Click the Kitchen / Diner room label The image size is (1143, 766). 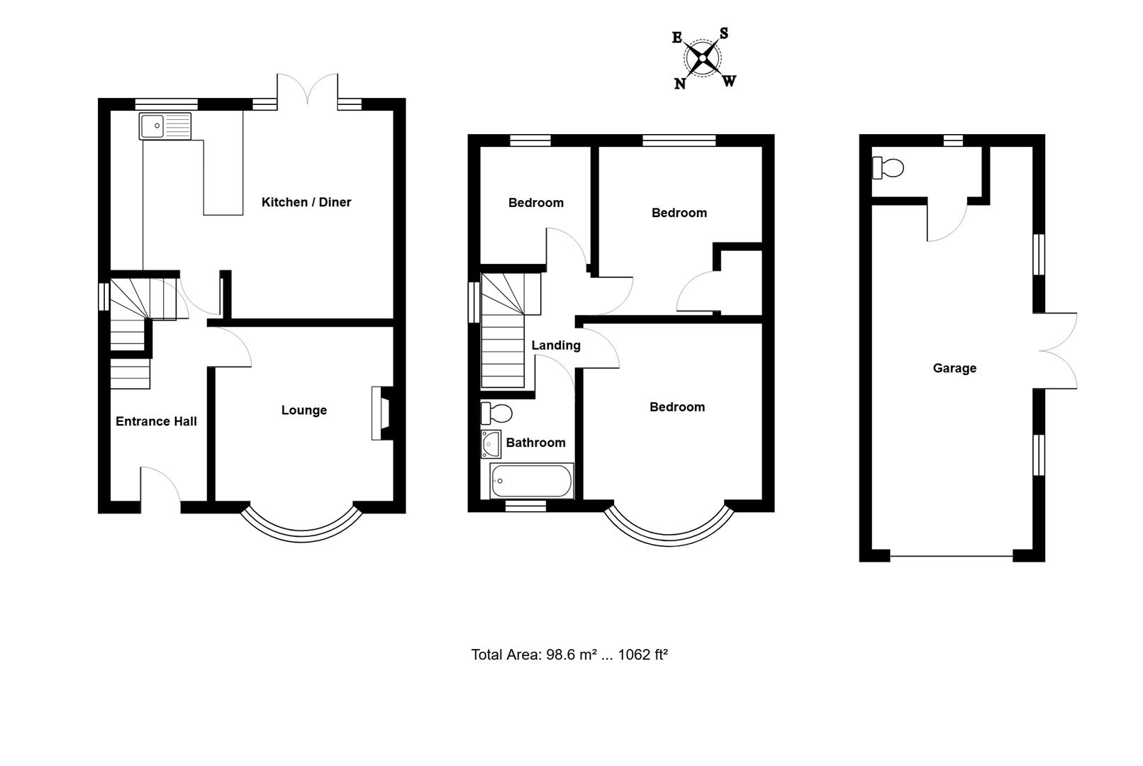pos(306,202)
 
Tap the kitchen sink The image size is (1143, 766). pos(165,126)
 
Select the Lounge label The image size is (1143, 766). pos(303,410)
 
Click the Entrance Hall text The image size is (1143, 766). pos(156,421)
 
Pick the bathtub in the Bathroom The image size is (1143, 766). pos(531,481)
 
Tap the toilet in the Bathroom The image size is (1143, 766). pos(496,412)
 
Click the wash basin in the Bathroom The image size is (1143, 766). pos(491,444)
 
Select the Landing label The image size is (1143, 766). pos(556,345)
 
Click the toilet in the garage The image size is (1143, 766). pos(888,168)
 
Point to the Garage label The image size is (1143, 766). pos(954,368)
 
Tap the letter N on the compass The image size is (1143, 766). pos(679,84)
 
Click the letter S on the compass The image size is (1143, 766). pos(723,33)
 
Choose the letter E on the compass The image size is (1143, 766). pos(677,38)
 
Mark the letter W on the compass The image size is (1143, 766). pos(729,81)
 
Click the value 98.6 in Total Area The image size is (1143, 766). pos(561,655)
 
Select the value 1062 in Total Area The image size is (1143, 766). pos(634,655)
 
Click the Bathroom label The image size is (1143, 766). pos(535,443)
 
